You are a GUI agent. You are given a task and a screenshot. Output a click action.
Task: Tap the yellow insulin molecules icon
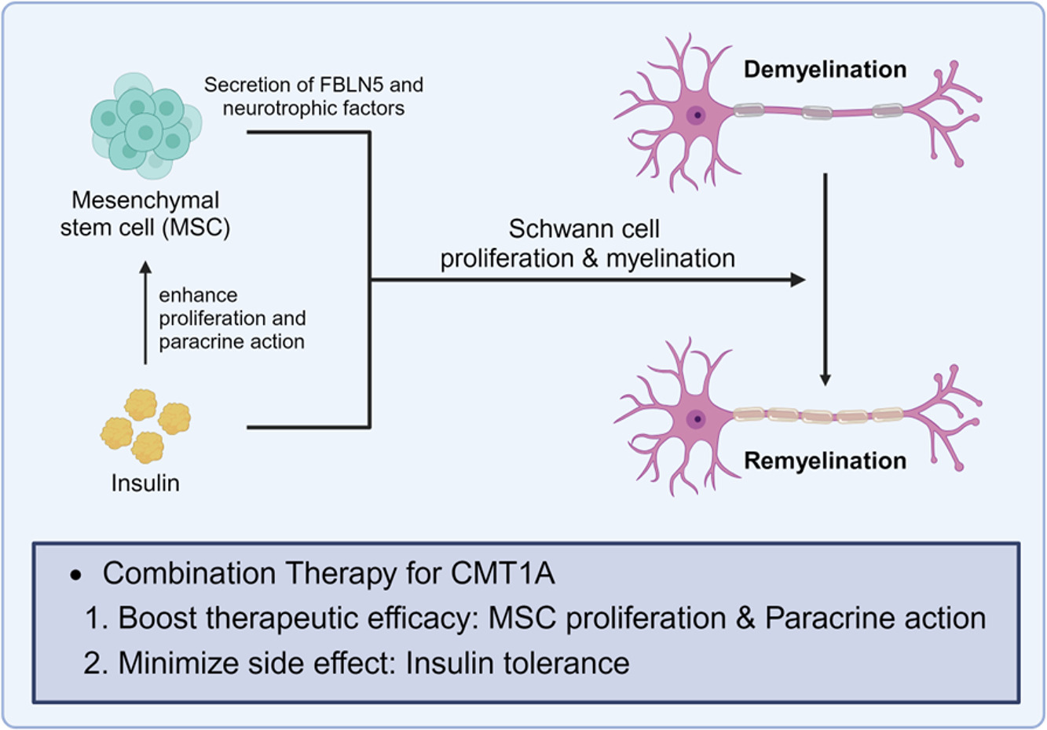tap(146, 425)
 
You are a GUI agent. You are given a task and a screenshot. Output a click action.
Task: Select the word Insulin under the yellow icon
tap(145, 483)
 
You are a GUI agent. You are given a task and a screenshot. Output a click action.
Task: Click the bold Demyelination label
tap(825, 70)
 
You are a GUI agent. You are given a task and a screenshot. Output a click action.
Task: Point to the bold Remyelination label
tap(825, 461)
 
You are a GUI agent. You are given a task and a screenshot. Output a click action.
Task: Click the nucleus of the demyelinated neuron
tap(697, 115)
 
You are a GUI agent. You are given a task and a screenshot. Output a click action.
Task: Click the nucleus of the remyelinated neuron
tap(697, 419)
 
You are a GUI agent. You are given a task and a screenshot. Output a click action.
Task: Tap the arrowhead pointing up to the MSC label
tap(145, 269)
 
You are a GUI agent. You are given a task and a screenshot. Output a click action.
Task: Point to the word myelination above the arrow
tap(670, 258)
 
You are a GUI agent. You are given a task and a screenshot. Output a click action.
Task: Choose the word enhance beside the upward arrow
tap(198, 295)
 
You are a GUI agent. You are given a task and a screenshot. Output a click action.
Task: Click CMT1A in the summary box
tap(503, 574)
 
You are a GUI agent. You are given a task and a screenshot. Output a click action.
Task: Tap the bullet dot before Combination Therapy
tap(76, 575)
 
